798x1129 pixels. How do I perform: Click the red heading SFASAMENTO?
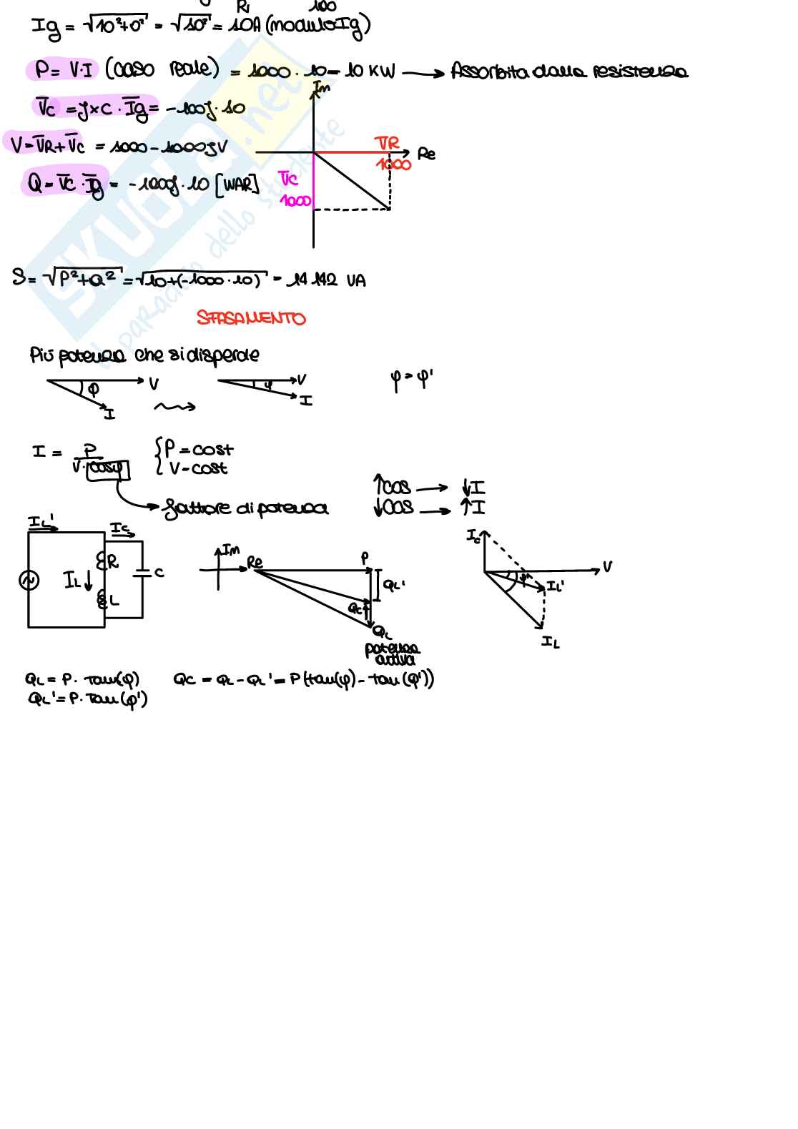click(x=251, y=318)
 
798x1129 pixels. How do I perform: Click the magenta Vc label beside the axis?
click(x=288, y=178)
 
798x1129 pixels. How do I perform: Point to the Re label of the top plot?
click(x=426, y=154)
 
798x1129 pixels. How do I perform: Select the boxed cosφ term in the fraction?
click(x=107, y=469)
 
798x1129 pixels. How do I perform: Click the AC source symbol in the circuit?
click(x=29, y=580)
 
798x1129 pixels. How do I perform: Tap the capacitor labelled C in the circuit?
click(x=143, y=572)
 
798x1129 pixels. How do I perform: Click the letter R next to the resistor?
click(x=113, y=563)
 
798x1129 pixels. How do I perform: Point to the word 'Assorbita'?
click(x=486, y=72)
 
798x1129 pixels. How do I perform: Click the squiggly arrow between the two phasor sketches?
click(x=174, y=408)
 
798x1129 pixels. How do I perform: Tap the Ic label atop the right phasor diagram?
click(x=473, y=535)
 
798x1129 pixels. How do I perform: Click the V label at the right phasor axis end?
click(x=607, y=567)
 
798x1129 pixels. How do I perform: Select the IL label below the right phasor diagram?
click(x=550, y=642)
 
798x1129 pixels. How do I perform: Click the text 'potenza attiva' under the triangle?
click(x=392, y=654)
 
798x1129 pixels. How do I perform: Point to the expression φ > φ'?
click(x=412, y=380)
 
